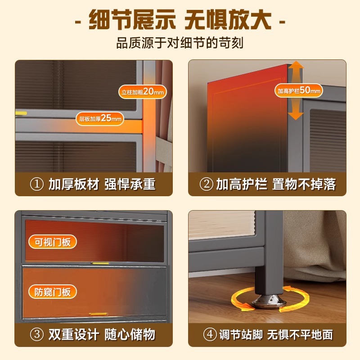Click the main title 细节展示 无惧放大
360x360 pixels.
click(x=180, y=21)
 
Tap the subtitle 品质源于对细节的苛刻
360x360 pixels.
click(x=180, y=44)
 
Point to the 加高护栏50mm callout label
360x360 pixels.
click(x=299, y=90)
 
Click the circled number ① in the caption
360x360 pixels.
click(x=36, y=184)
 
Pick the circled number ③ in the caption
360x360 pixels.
click(x=36, y=335)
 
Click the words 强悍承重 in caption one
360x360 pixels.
click(x=130, y=184)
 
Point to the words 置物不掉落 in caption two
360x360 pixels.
click(x=304, y=184)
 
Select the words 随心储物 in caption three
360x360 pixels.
click(x=130, y=335)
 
